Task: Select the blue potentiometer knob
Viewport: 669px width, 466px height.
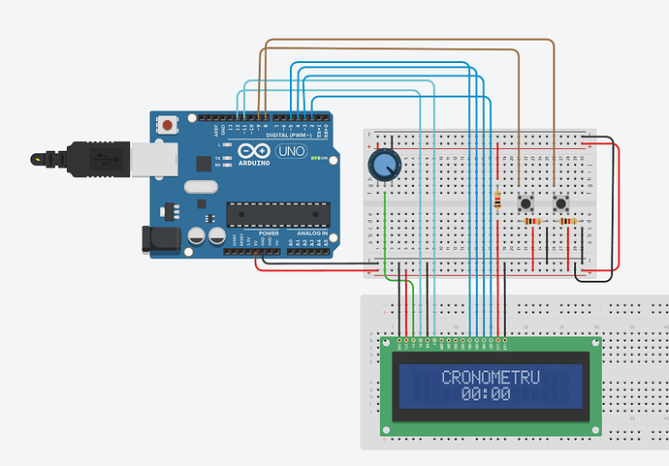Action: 384,165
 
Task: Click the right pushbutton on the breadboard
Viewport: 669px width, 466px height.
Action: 561,202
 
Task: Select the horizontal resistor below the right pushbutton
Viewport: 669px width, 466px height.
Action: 566,222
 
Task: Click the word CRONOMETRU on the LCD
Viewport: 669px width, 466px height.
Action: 490,377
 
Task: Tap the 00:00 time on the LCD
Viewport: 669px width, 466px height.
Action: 486,394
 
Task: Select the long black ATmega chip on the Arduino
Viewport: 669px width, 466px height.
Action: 276,214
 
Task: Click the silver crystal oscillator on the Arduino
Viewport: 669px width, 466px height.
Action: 201,186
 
